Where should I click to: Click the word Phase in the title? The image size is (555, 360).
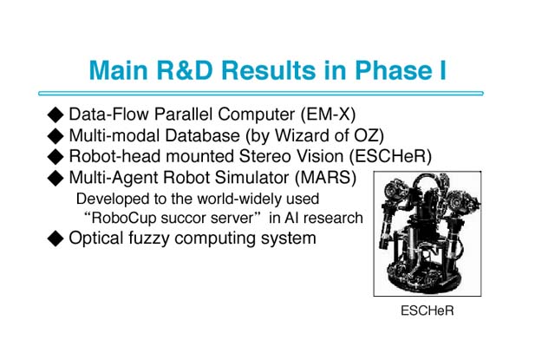coord(389,69)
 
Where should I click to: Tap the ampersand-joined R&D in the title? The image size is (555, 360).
coord(185,69)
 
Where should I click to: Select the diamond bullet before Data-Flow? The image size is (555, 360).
coord(55,115)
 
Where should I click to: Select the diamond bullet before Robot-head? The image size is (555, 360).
coord(55,157)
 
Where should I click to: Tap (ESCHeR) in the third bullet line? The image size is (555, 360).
coord(390,156)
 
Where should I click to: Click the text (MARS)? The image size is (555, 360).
coord(326,177)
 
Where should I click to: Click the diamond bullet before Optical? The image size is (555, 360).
coord(55,239)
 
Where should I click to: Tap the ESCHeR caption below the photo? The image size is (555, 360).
coord(428,311)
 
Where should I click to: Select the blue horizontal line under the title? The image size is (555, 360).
coord(261,94)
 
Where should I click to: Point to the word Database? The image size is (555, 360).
coord(202,135)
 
